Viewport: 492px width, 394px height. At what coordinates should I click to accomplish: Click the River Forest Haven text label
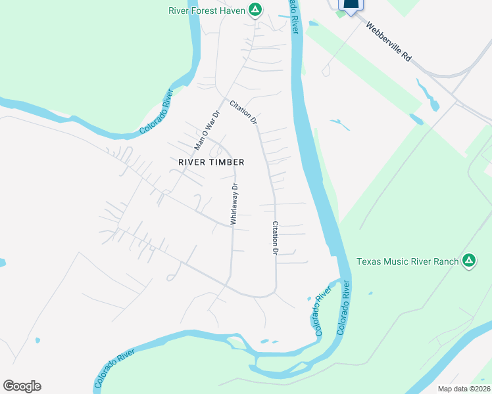207,10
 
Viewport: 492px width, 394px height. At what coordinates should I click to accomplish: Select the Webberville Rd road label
389,43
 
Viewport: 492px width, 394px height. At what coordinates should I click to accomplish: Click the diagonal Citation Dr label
243,112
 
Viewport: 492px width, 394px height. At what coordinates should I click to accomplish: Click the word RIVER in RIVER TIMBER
192,162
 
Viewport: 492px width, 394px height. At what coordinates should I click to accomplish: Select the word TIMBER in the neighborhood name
227,162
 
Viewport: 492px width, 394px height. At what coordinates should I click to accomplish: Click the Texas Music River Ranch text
407,261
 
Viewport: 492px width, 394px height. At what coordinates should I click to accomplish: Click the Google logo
22,386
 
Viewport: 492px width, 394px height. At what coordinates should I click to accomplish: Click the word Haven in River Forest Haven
234,10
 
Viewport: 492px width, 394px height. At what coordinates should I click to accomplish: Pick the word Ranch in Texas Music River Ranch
445,261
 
